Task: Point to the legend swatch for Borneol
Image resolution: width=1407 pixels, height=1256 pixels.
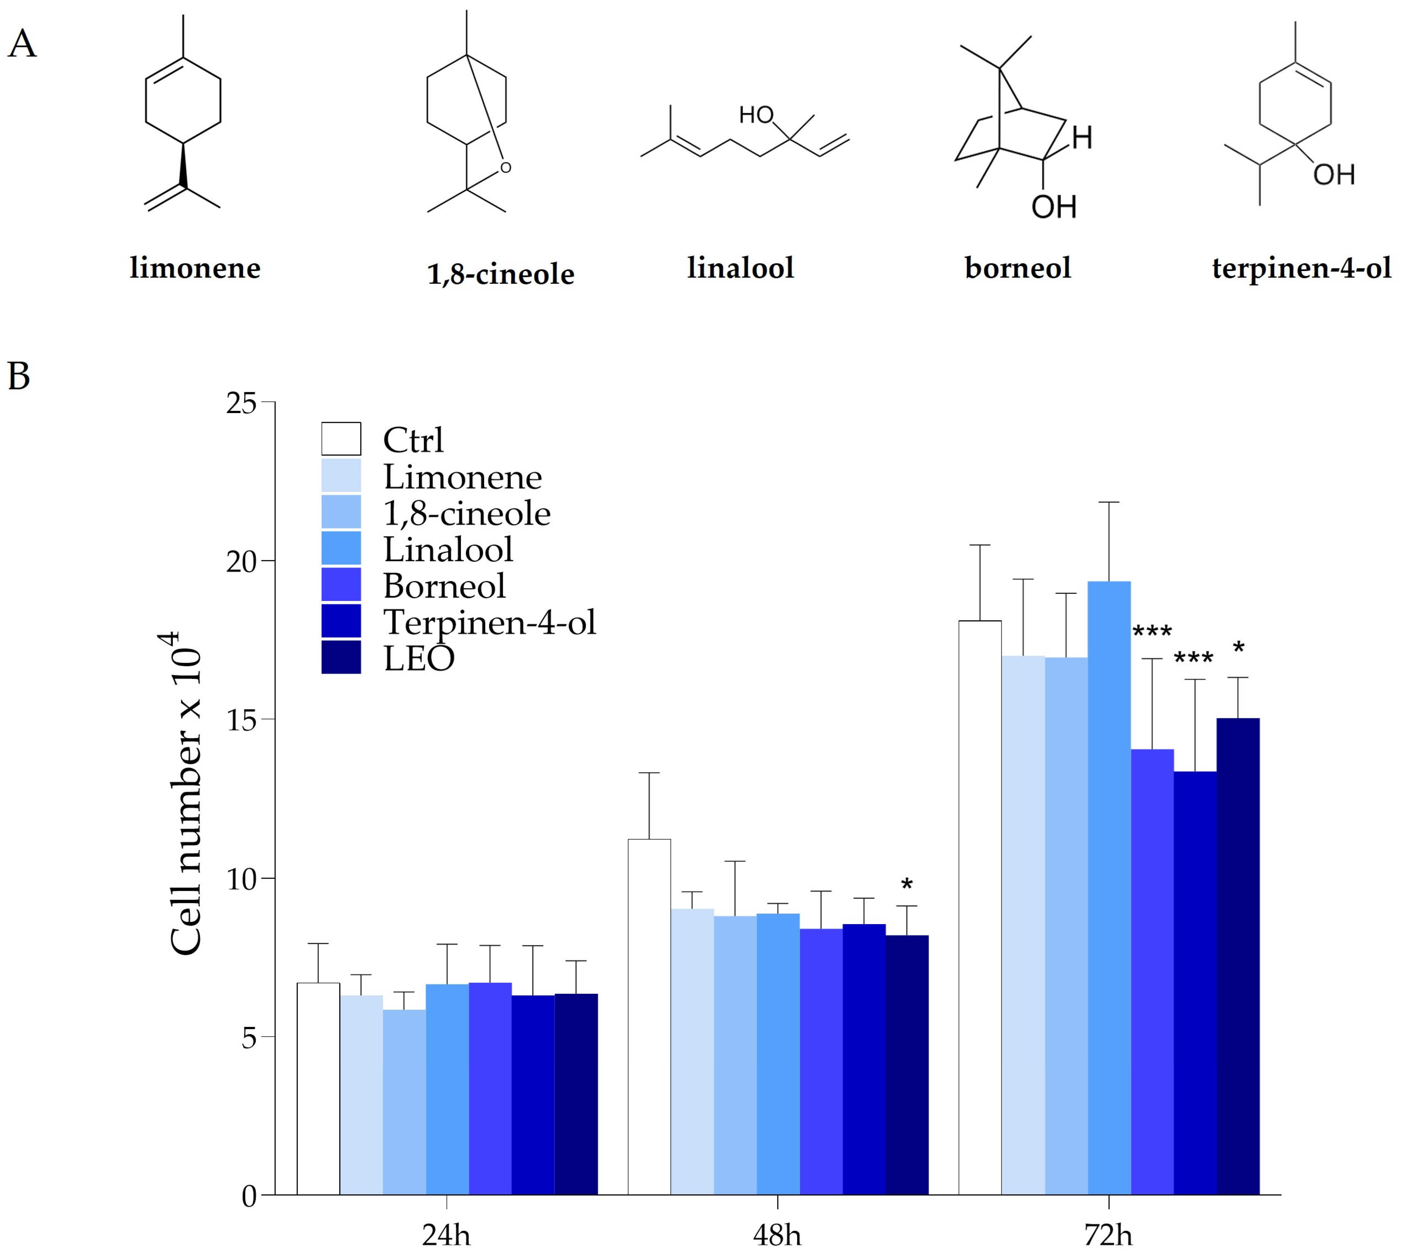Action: point(341,585)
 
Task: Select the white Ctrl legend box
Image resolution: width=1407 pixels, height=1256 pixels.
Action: point(341,439)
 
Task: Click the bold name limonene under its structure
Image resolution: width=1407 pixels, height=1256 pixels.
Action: point(195,268)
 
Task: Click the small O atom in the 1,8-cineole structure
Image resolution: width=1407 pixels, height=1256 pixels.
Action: point(506,168)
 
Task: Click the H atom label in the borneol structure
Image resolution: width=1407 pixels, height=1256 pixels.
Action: point(1082,138)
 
